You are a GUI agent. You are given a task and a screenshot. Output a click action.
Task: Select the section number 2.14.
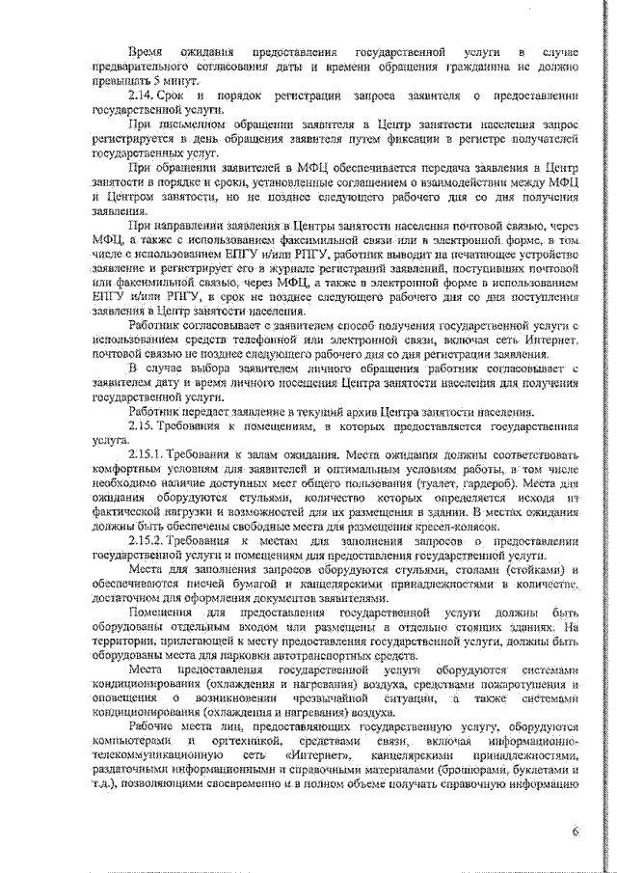tap(144, 97)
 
